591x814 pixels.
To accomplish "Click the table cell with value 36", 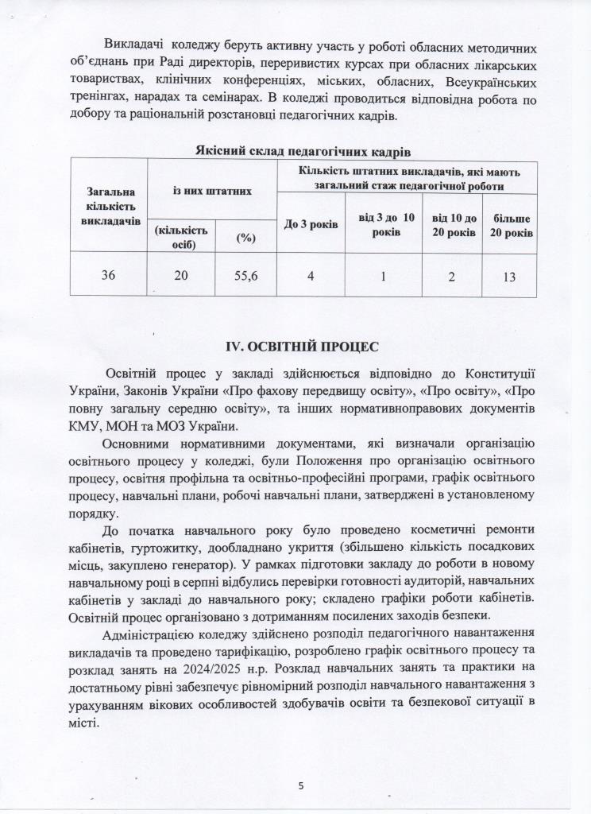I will click(108, 275).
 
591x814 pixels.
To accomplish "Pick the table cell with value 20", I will click(181, 275).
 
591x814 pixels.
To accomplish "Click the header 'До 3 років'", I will click(311, 225).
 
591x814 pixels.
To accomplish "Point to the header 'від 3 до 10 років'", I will click(386, 225).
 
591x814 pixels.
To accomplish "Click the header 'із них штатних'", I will click(212, 190).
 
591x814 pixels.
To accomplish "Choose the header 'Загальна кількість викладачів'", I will click(108, 205).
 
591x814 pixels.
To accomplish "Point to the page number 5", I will click(301, 785).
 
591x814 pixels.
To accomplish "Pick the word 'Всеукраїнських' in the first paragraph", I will click(485, 83).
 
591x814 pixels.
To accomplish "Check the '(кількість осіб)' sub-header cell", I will click(182, 237).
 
